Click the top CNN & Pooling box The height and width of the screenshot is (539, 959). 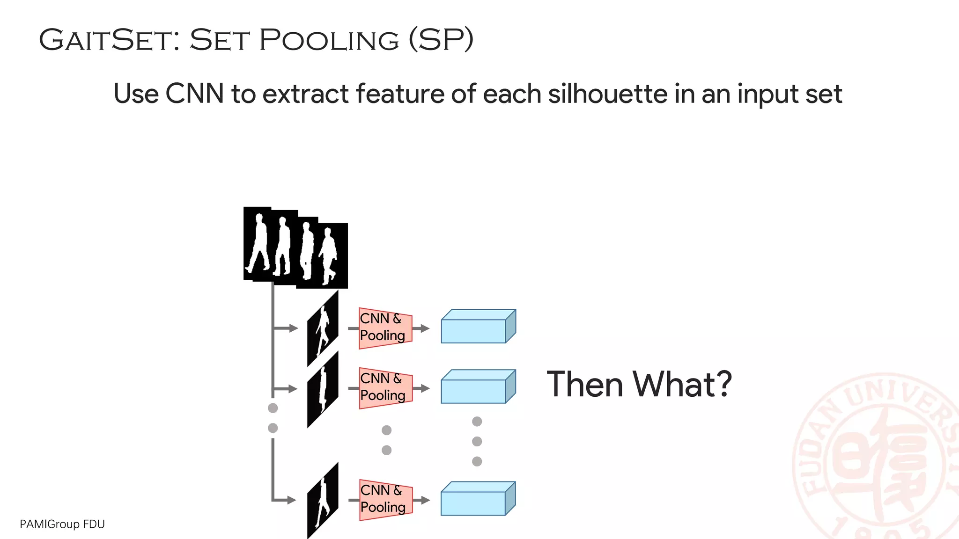(x=385, y=328)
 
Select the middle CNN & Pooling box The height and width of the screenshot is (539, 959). (x=385, y=388)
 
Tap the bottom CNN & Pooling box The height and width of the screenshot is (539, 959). (x=385, y=500)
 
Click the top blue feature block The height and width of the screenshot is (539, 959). (x=478, y=327)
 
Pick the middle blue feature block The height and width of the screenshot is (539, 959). (x=478, y=387)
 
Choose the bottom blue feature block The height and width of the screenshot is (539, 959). (x=478, y=499)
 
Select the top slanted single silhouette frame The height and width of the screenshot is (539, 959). (x=323, y=328)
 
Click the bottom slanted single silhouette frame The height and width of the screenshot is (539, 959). (x=323, y=500)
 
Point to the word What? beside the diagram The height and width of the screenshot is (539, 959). (x=682, y=385)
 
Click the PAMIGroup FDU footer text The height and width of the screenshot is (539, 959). (x=62, y=524)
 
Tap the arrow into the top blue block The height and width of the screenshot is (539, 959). (x=421, y=328)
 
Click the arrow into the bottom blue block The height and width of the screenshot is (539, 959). (x=421, y=500)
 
